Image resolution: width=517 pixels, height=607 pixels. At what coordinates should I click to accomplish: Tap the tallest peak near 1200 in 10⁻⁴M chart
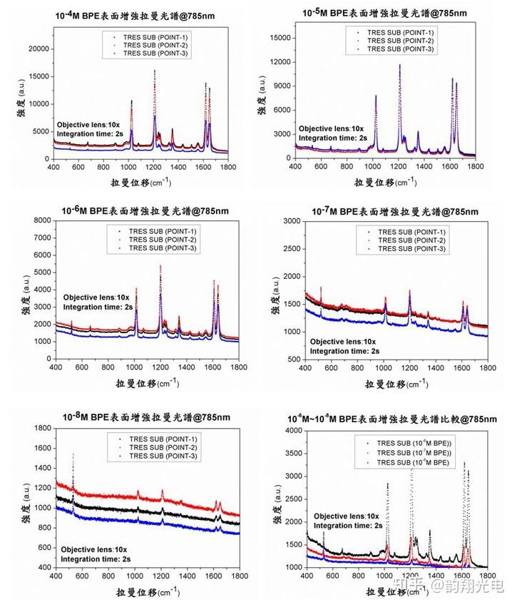click(x=155, y=71)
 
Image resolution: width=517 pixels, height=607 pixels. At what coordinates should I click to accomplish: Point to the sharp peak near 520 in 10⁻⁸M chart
click(x=73, y=455)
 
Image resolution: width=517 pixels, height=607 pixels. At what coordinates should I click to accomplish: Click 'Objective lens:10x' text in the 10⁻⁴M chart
click(x=90, y=123)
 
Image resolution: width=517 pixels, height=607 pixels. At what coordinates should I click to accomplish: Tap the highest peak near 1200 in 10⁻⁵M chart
click(x=399, y=66)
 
